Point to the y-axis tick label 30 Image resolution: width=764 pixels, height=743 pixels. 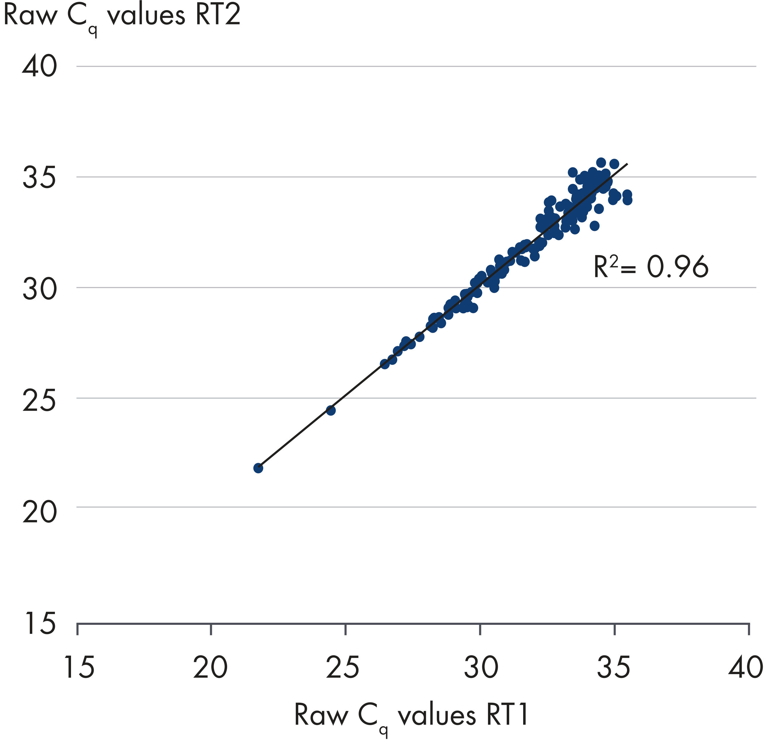(39, 289)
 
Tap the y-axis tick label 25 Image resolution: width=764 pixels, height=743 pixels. (39, 400)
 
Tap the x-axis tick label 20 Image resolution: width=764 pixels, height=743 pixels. (210, 668)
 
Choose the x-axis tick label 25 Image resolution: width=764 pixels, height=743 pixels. (343, 668)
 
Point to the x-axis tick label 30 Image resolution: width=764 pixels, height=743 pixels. (481, 668)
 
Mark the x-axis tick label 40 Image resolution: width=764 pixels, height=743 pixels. (745, 668)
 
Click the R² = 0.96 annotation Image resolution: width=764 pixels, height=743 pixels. (651, 267)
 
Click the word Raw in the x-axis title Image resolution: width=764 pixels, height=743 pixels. (321, 715)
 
